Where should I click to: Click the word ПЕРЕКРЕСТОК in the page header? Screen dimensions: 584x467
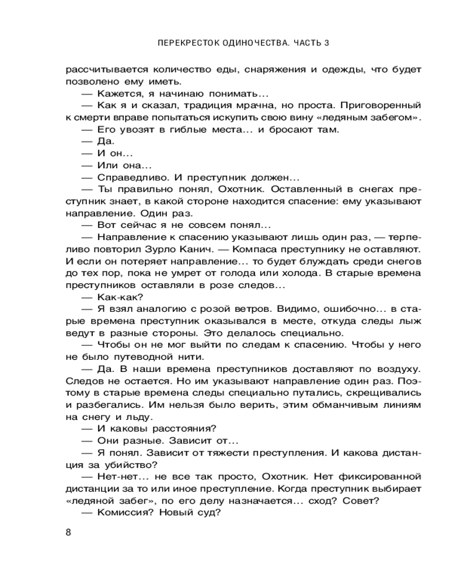(184, 43)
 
